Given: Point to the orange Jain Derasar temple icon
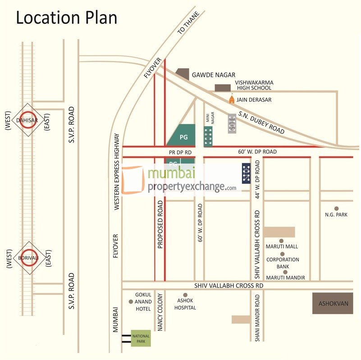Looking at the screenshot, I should tap(232, 99).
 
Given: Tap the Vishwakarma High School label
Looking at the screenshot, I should tap(254, 86).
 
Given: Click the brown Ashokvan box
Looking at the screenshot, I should tap(334, 303).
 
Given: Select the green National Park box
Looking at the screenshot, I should tap(141, 338).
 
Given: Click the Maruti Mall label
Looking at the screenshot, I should tap(282, 246).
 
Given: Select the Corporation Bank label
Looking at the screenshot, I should tap(283, 263).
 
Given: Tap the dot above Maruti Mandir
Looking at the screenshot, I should tap(282, 273).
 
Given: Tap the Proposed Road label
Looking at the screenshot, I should tap(160, 225).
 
